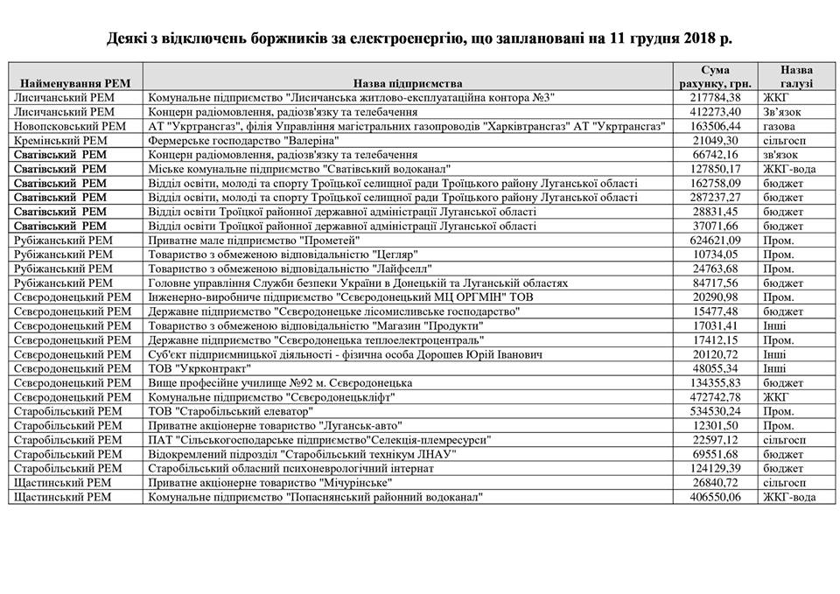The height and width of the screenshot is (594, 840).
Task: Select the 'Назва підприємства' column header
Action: point(409,83)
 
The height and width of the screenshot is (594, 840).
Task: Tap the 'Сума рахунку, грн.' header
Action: point(715,77)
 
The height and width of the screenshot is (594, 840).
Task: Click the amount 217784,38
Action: point(716,98)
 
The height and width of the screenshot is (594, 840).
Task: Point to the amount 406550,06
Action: point(716,497)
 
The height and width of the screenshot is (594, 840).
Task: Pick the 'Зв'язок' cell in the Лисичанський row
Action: point(780,112)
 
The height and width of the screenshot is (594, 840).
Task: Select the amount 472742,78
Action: point(716,397)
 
